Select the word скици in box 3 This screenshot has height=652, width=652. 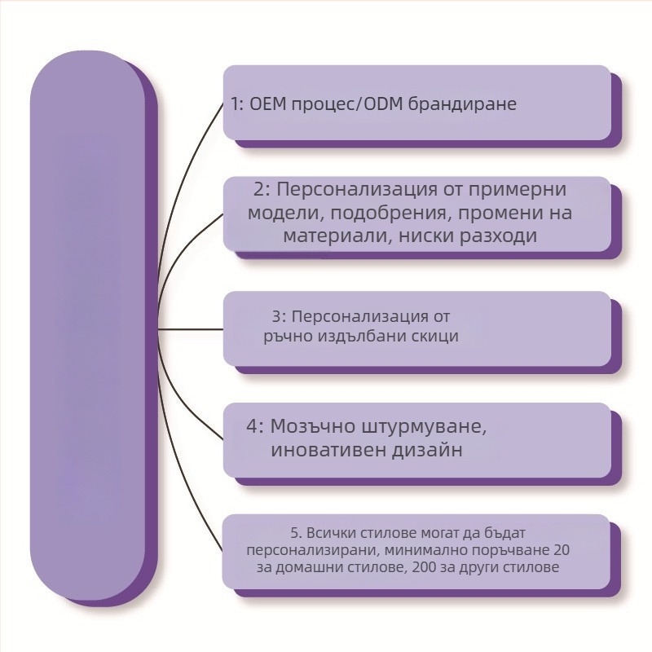pos(436,336)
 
